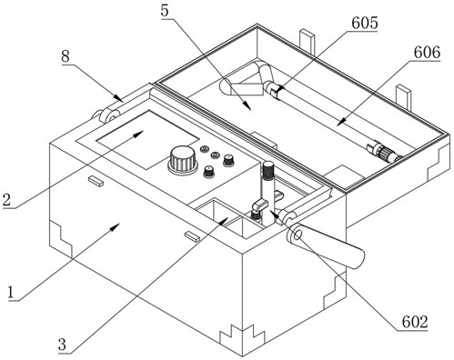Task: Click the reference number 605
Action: click(x=365, y=23)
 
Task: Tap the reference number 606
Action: click(x=427, y=53)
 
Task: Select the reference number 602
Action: click(x=415, y=322)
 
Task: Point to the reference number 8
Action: click(x=66, y=56)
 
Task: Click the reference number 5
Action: click(x=165, y=11)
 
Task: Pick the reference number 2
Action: click(x=6, y=200)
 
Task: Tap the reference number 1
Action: click(x=11, y=293)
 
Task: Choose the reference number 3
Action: click(x=62, y=345)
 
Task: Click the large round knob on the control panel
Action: click(x=183, y=160)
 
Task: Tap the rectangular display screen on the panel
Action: click(x=147, y=139)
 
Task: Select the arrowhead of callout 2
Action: click(x=138, y=135)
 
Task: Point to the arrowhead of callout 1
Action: click(x=116, y=226)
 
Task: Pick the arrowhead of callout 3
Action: click(x=224, y=221)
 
